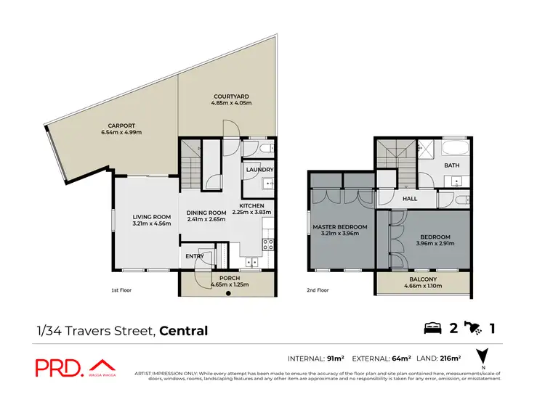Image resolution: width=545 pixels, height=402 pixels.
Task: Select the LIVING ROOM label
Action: pos(151,216)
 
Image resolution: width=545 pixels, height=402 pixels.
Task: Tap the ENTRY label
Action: pos(195,255)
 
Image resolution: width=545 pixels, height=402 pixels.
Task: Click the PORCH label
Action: pos(230,279)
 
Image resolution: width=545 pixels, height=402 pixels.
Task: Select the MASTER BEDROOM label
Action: pos(340,227)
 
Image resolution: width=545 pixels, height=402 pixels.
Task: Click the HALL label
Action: pos(411,197)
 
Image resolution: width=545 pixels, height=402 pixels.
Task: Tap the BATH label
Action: pos(453,165)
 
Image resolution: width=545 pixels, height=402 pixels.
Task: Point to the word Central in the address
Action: pos(184,331)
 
